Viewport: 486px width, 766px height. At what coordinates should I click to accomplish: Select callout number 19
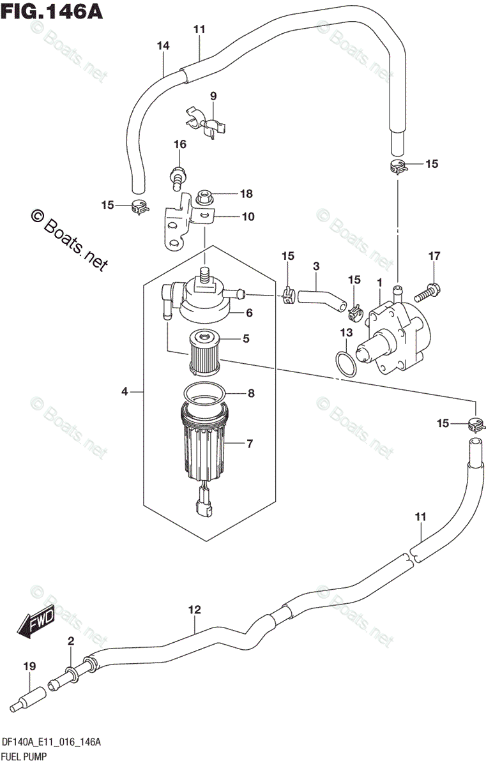click(x=27, y=667)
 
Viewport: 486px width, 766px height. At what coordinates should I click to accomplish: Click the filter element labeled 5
click(x=205, y=352)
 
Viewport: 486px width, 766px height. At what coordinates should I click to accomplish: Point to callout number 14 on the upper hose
click(x=163, y=45)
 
